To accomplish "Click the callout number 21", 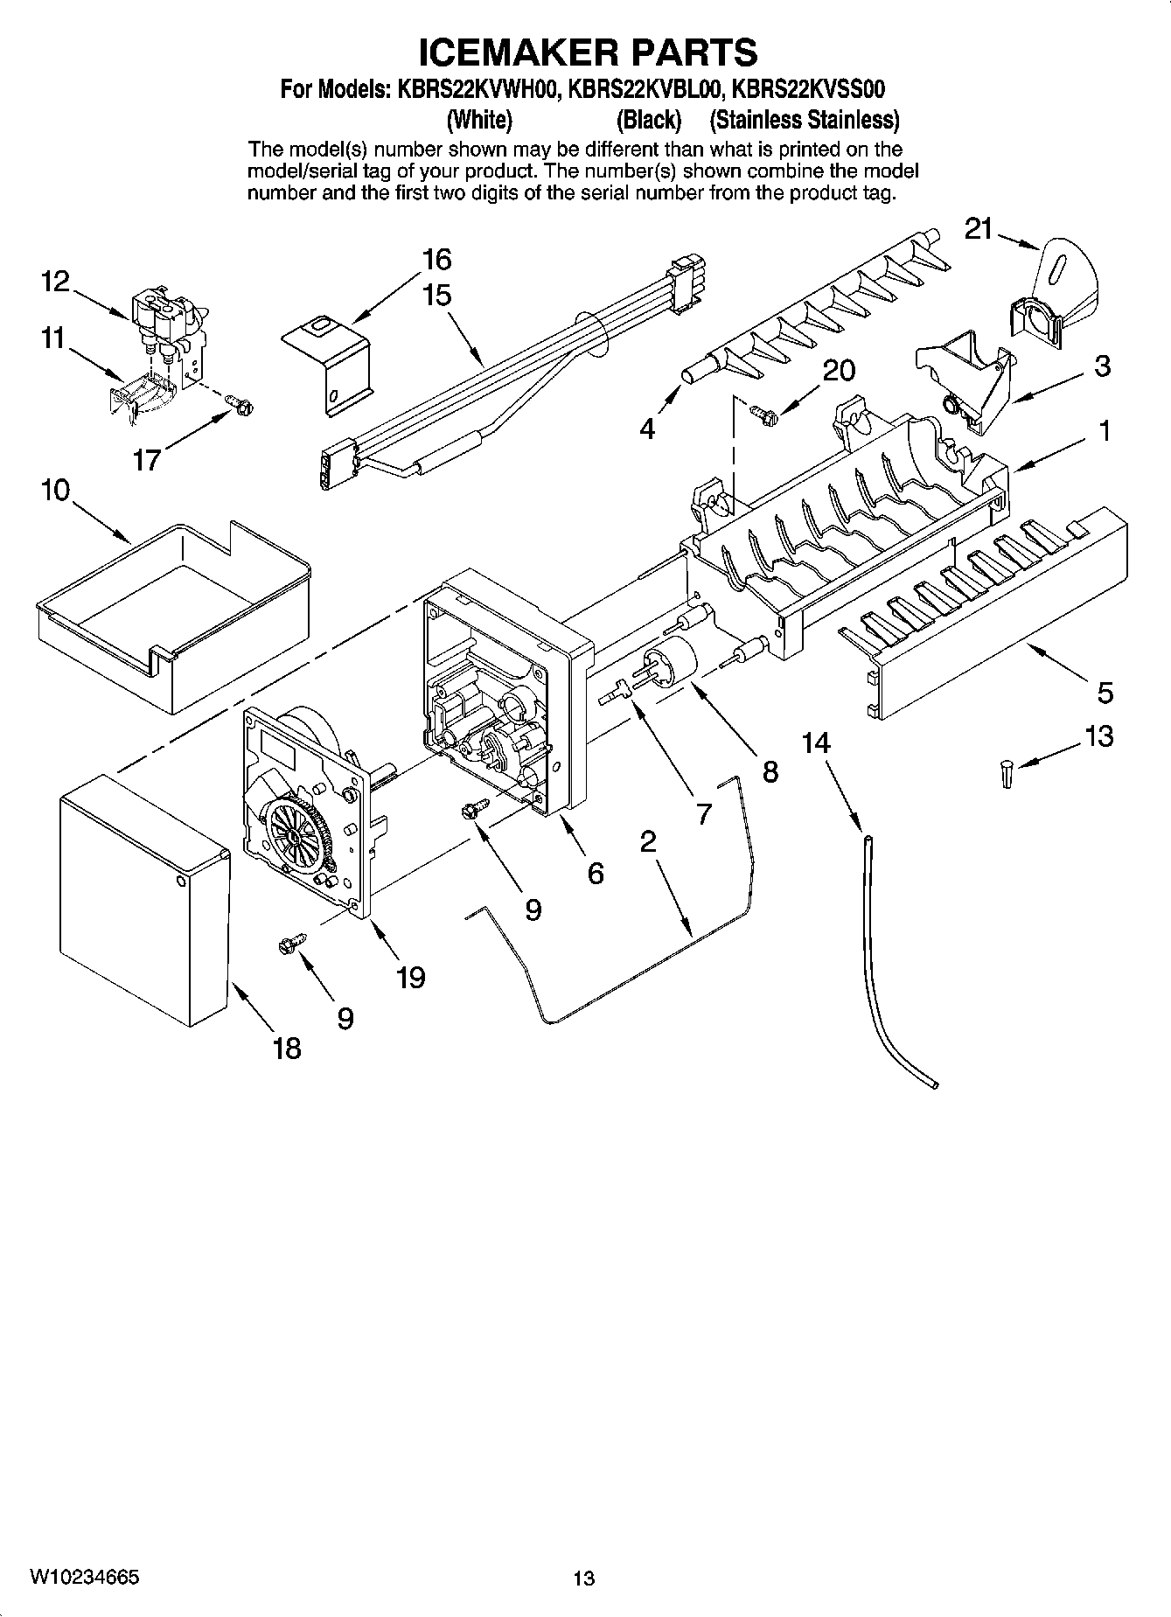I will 979,229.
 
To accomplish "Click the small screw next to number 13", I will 1007,774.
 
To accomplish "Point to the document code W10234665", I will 84,1576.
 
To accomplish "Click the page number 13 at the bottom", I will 583,1579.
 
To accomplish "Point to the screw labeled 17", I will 238,403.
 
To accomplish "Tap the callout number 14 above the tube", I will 815,743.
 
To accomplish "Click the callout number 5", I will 1105,693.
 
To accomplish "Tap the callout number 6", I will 595,873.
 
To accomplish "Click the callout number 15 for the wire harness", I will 436,295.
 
